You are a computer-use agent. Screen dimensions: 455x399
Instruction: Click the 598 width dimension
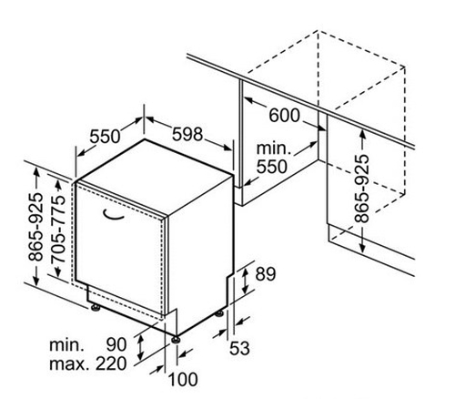pyautogui.click(x=187, y=134)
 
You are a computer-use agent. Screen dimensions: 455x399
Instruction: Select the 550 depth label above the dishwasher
pyautogui.click(x=105, y=137)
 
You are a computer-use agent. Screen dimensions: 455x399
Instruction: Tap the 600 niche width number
pyautogui.click(x=284, y=116)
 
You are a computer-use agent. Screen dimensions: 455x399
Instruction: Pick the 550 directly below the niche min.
pyautogui.click(x=272, y=167)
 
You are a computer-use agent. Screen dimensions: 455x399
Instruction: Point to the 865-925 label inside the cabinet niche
pyautogui.click(x=362, y=189)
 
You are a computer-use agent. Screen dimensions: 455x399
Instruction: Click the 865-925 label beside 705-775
pyautogui.click(x=35, y=227)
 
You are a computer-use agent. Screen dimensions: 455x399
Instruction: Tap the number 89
pyautogui.click(x=266, y=274)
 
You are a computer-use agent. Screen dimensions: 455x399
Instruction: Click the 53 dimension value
pyautogui.click(x=239, y=348)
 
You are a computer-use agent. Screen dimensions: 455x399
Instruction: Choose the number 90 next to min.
pyautogui.click(x=116, y=345)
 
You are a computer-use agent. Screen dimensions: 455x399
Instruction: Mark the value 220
pyautogui.click(x=111, y=363)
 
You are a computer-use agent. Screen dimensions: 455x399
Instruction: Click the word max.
pyautogui.click(x=69, y=364)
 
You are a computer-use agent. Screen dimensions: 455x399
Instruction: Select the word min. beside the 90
pyautogui.click(x=66, y=345)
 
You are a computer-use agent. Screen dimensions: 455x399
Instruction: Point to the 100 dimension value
pyautogui.click(x=183, y=380)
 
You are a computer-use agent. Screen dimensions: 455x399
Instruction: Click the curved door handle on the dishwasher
pyautogui.click(x=114, y=214)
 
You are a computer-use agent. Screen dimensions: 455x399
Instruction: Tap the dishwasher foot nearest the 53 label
pyautogui.click(x=219, y=313)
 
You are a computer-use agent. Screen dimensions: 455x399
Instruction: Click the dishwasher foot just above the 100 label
pyautogui.click(x=176, y=339)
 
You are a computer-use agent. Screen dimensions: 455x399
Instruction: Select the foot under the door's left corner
pyautogui.click(x=96, y=307)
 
